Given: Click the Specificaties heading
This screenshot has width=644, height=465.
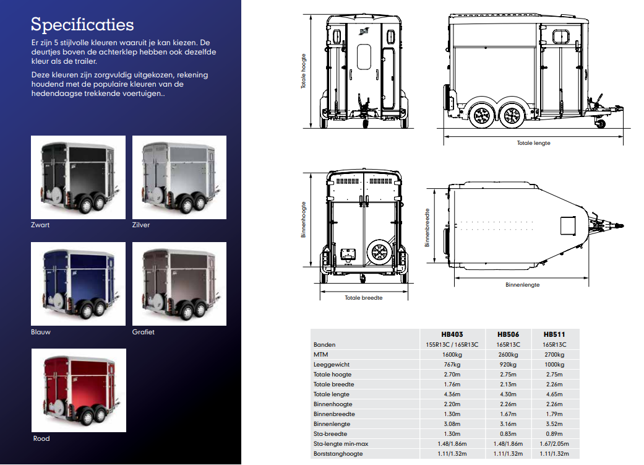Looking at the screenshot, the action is pos(82,25).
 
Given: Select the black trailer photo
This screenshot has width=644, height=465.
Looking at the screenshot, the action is pos(78,177).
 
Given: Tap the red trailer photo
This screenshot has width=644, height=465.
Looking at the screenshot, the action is pos(79,390).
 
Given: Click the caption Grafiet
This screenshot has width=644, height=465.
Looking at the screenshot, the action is pos(144,332).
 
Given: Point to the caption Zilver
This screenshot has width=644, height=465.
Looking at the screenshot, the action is pos(141,225).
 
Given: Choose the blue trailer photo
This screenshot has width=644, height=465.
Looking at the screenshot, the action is pos(78,284).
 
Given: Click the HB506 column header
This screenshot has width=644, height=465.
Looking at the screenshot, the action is pos(508,334).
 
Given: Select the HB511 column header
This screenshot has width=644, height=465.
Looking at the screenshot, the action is pos(554,334).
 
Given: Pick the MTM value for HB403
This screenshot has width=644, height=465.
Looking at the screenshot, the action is pos(452,354).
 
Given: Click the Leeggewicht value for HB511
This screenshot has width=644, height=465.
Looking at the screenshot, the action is pos(554,364).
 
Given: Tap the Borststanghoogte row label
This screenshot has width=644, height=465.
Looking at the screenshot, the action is pos(338,454).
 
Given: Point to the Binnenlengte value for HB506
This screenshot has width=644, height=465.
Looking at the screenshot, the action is pos(508,424).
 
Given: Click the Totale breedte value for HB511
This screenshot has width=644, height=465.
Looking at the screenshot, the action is pos(554,385).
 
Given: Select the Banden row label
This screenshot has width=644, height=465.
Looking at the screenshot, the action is pos(324,344).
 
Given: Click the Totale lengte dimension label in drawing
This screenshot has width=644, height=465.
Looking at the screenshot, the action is pos(533,143).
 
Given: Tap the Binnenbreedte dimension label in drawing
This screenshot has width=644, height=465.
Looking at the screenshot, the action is pos(427,227).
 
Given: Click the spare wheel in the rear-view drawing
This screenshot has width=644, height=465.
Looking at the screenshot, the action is pos(379,252).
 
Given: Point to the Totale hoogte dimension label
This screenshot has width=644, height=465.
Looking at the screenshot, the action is pos(304,71).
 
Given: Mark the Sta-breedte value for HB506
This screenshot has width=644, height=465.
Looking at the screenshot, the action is pos(508,434).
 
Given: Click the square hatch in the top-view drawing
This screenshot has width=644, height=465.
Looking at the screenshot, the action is pos(568,226).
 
